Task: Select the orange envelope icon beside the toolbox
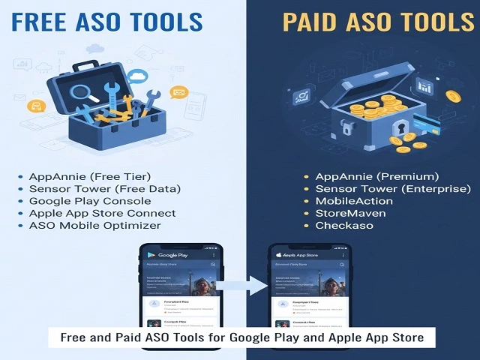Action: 178,93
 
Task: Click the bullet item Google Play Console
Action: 90,200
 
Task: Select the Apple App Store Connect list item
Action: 103,212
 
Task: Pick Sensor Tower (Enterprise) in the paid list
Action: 393,188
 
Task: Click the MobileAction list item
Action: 354,200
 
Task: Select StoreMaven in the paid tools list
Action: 350,212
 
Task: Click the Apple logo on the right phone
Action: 280,255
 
